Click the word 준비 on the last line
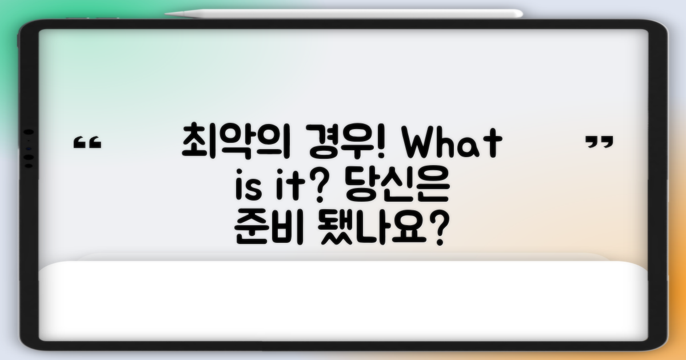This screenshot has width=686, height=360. pos(269,229)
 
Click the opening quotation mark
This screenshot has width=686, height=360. pos(87,143)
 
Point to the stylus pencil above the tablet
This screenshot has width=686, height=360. pos(343,13)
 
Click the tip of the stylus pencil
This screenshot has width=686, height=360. pos(167,13)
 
